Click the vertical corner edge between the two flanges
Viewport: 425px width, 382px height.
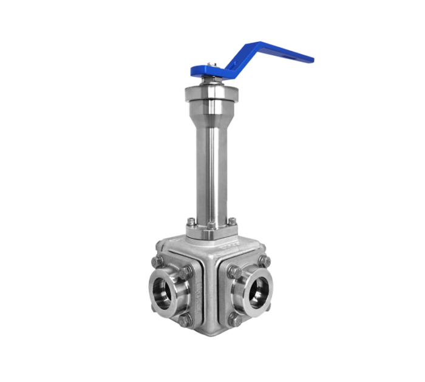pos(209,285)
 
